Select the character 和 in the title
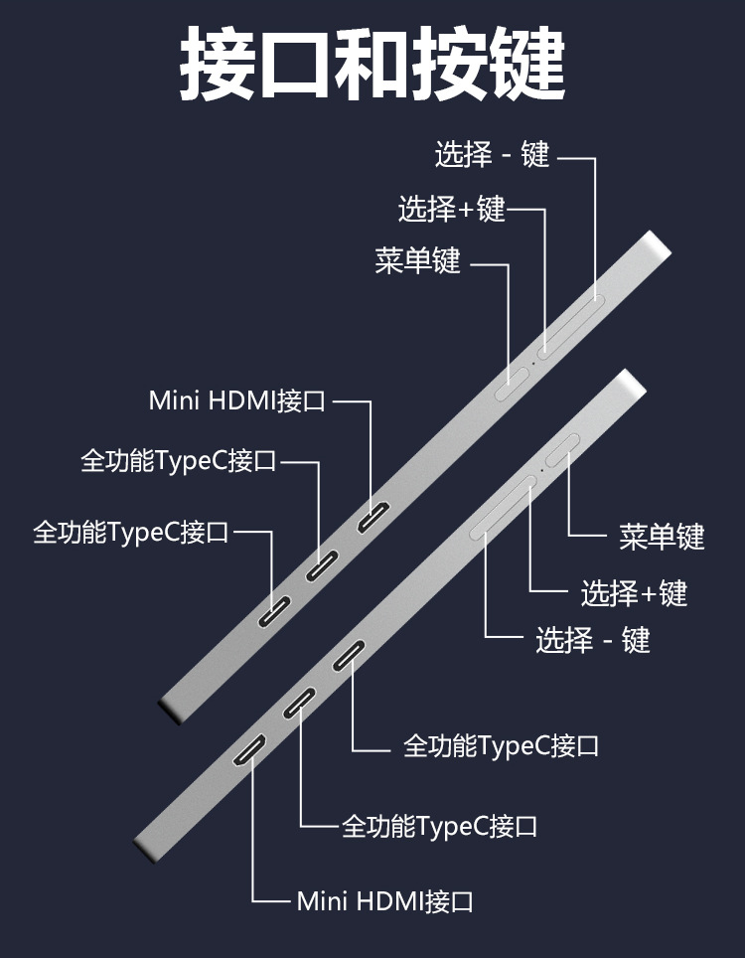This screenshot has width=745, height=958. pos(372,63)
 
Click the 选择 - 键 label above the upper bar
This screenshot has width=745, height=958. pos(492,155)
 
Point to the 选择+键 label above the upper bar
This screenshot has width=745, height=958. pos(452,209)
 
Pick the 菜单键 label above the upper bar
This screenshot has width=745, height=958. pos(418,261)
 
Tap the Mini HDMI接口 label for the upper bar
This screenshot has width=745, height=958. pos(237,400)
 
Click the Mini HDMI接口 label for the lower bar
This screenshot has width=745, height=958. pos(384,901)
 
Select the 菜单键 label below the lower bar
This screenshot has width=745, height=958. pos(662,537)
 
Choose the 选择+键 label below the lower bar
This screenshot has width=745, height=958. pos(634,593)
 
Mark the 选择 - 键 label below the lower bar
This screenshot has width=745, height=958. pos(593,639)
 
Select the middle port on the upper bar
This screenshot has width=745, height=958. pos(323,564)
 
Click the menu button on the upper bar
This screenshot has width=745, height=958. pos(511,381)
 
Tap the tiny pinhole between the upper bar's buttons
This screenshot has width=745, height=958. pos(534,364)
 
